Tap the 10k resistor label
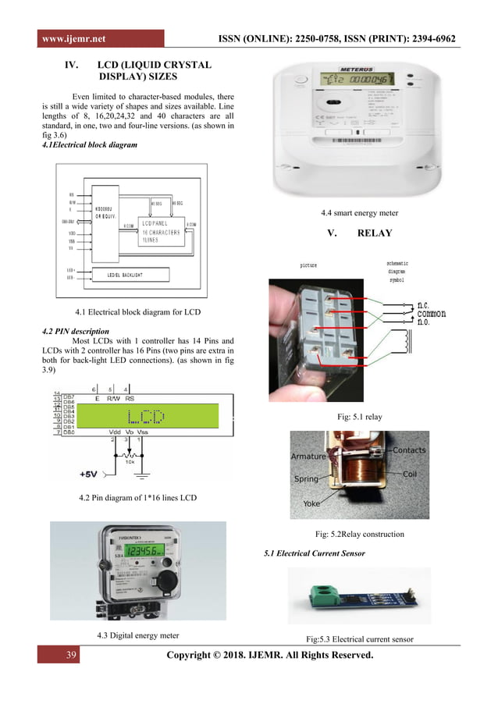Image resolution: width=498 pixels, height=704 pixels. [x=141, y=460]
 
